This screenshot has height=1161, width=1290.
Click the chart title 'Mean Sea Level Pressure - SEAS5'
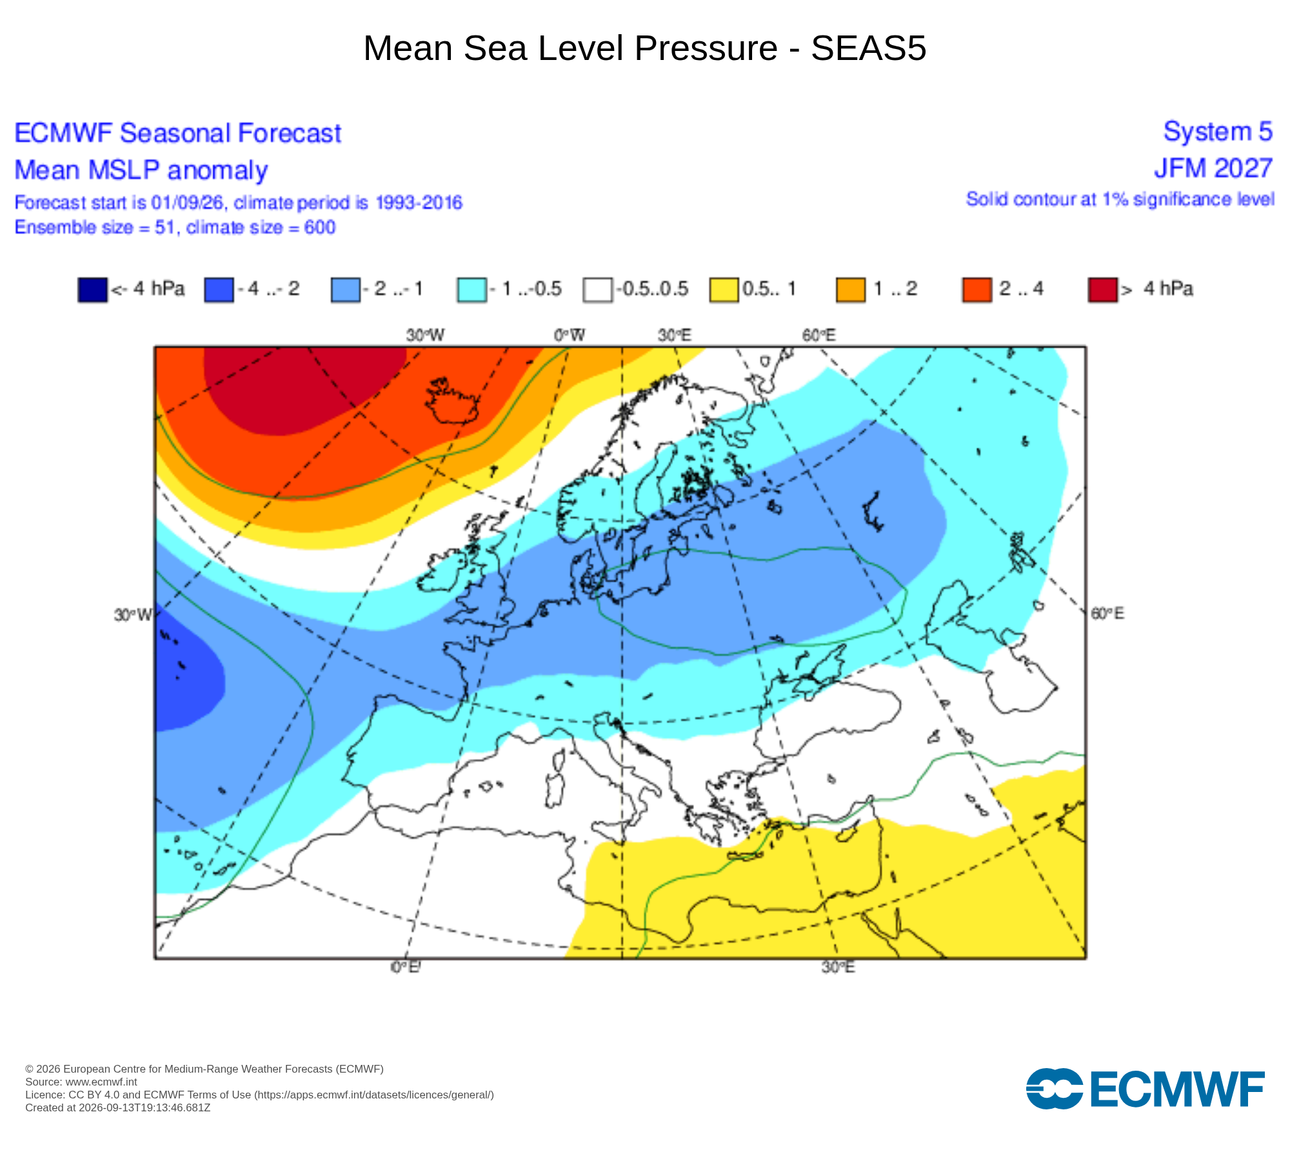(645, 48)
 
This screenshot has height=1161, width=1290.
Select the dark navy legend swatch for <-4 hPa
(92, 290)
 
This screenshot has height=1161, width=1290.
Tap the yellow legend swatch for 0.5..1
(724, 290)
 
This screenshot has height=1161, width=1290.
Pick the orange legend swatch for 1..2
(850, 290)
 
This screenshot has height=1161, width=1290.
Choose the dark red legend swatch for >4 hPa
(1102, 290)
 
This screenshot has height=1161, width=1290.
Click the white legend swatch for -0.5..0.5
(597, 290)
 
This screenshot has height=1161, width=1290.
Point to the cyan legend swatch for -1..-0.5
(471, 290)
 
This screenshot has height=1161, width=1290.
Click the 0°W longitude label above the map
(570, 335)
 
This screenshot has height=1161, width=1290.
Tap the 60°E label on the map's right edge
(1107, 613)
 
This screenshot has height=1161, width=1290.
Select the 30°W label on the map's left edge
(133, 615)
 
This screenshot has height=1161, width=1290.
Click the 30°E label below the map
(838, 967)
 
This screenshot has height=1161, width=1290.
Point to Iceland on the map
(453, 401)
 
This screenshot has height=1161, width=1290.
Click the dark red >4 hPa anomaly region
(303, 387)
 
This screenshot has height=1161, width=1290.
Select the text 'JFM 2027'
(1213, 168)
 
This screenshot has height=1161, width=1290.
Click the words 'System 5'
(1218, 132)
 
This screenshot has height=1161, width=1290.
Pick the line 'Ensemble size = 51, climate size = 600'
(175, 228)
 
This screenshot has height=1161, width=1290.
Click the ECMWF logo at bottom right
(1145, 1089)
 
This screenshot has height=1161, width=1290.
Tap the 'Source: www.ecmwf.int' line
(81, 1082)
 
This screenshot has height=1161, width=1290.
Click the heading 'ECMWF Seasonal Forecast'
(177, 134)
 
